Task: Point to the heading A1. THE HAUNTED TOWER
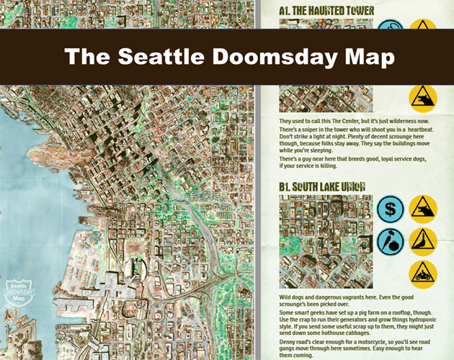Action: tap(326, 11)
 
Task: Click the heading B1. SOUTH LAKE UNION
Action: tap(321, 187)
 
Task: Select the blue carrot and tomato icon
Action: tap(390, 242)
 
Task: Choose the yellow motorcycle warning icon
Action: tap(423, 274)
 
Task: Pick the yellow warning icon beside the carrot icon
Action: tap(423, 242)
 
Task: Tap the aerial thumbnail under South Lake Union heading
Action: tap(325, 241)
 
